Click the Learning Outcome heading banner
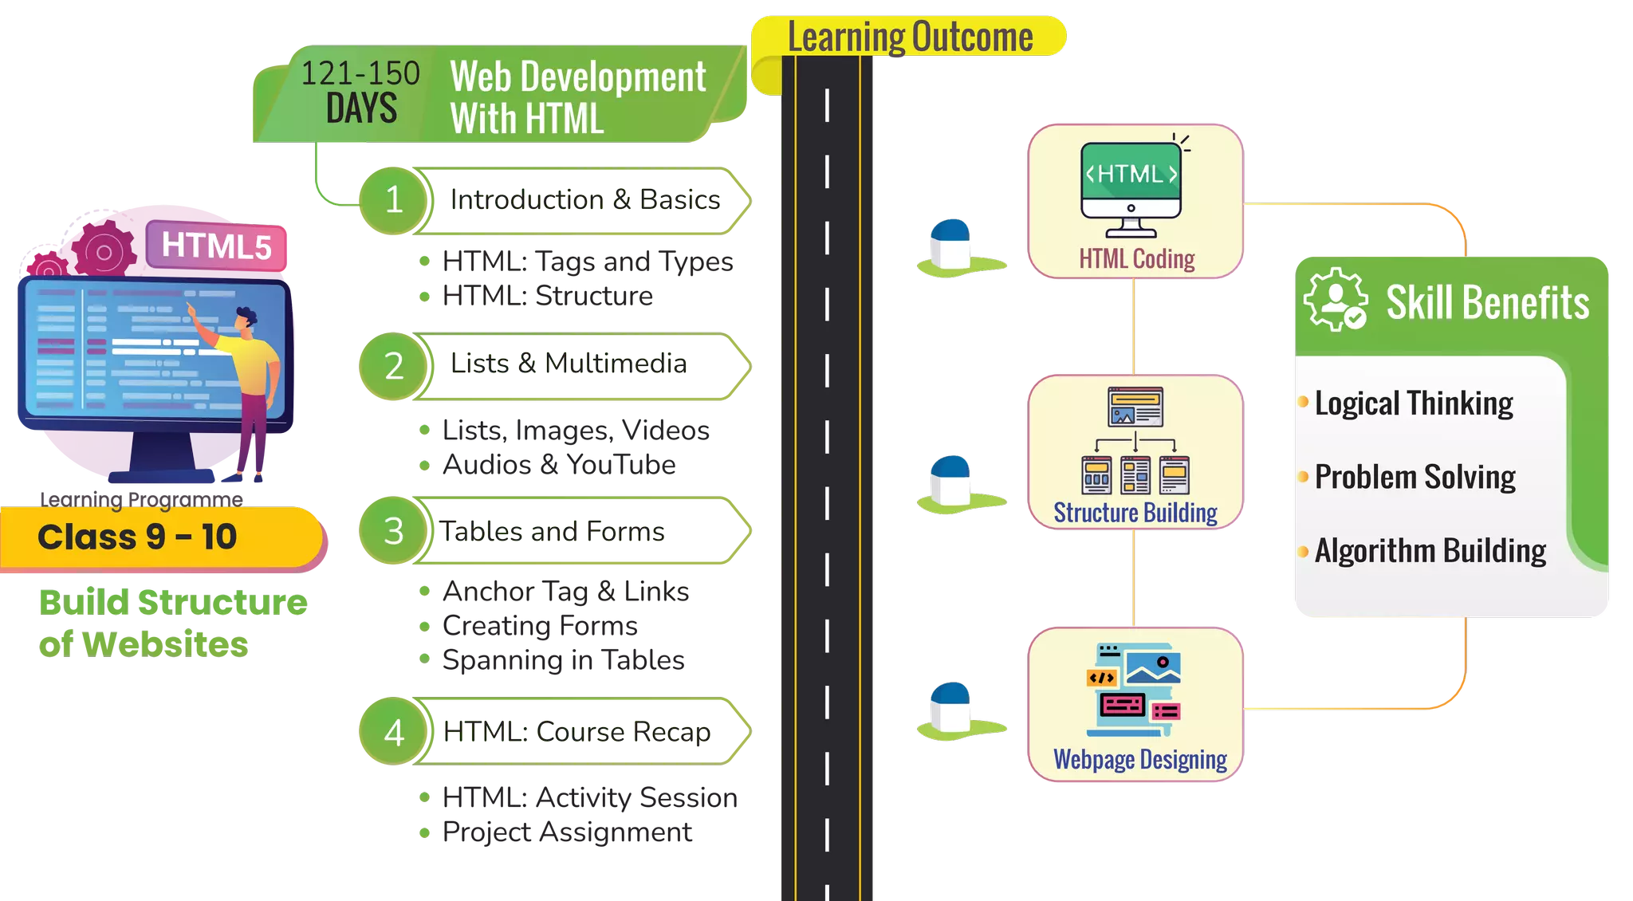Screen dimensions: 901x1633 (x=909, y=37)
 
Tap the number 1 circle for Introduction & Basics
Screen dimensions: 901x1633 (x=393, y=199)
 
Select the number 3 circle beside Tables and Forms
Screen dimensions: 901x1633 (x=393, y=531)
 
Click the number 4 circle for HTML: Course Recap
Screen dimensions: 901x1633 (x=393, y=732)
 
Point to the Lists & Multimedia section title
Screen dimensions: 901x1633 (x=569, y=364)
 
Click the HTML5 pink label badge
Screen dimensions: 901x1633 (x=216, y=246)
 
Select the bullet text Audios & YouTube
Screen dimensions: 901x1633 (x=559, y=465)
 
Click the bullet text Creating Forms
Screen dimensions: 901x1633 (x=540, y=626)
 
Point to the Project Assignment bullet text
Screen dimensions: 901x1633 (x=567, y=832)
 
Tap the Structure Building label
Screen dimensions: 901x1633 (x=1135, y=513)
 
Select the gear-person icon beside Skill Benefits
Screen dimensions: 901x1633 (x=1336, y=301)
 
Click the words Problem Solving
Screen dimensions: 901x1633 (x=1415, y=477)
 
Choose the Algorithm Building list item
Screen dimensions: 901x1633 (x=1430, y=550)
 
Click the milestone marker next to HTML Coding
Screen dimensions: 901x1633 (x=954, y=247)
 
